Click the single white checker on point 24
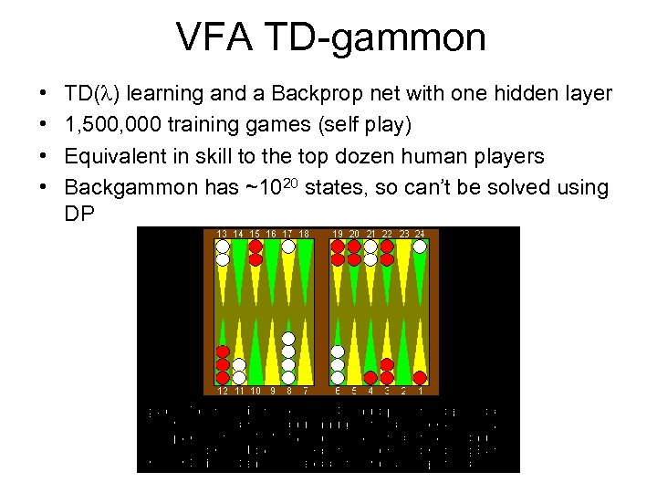pos(420,246)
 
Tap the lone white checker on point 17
pos(288,246)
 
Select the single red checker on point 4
pos(370,378)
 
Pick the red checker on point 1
pos(420,378)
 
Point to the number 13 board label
pos(222,234)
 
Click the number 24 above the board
pos(420,234)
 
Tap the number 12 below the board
pos(222,391)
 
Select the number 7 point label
pos(305,391)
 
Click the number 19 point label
pos(338,234)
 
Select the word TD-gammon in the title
pos(381,37)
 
